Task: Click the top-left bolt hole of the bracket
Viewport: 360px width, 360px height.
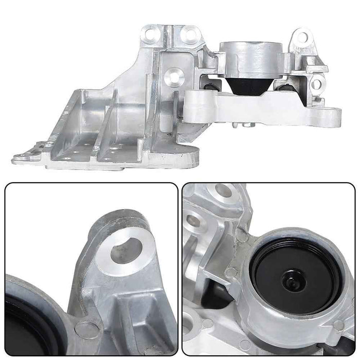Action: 150,34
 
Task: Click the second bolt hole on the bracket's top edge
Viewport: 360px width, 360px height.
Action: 190,35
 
